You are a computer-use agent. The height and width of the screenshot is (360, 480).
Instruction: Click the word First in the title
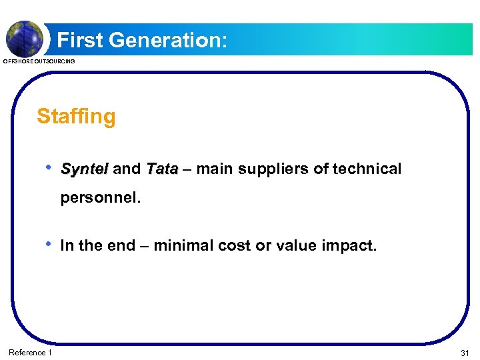click(x=81, y=41)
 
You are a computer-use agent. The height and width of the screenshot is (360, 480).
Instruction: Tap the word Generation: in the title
click(x=169, y=41)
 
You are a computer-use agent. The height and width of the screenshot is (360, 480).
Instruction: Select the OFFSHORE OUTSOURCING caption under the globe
click(x=39, y=61)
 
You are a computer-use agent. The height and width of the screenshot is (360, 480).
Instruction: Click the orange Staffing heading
click(x=76, y=117)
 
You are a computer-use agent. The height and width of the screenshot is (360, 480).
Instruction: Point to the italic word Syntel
click(x=84, y=169)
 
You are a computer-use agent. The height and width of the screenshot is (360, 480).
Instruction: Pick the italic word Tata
click(x=162, y=169)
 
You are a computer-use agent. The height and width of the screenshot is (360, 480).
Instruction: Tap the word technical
click(x=367, y=169)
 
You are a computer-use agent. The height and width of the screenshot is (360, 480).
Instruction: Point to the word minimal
click(x=181, y=246)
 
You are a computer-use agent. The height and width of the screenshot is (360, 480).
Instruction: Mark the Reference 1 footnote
click(x=30, y=352)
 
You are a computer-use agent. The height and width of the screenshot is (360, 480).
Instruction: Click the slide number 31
click(x=464, y=352)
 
